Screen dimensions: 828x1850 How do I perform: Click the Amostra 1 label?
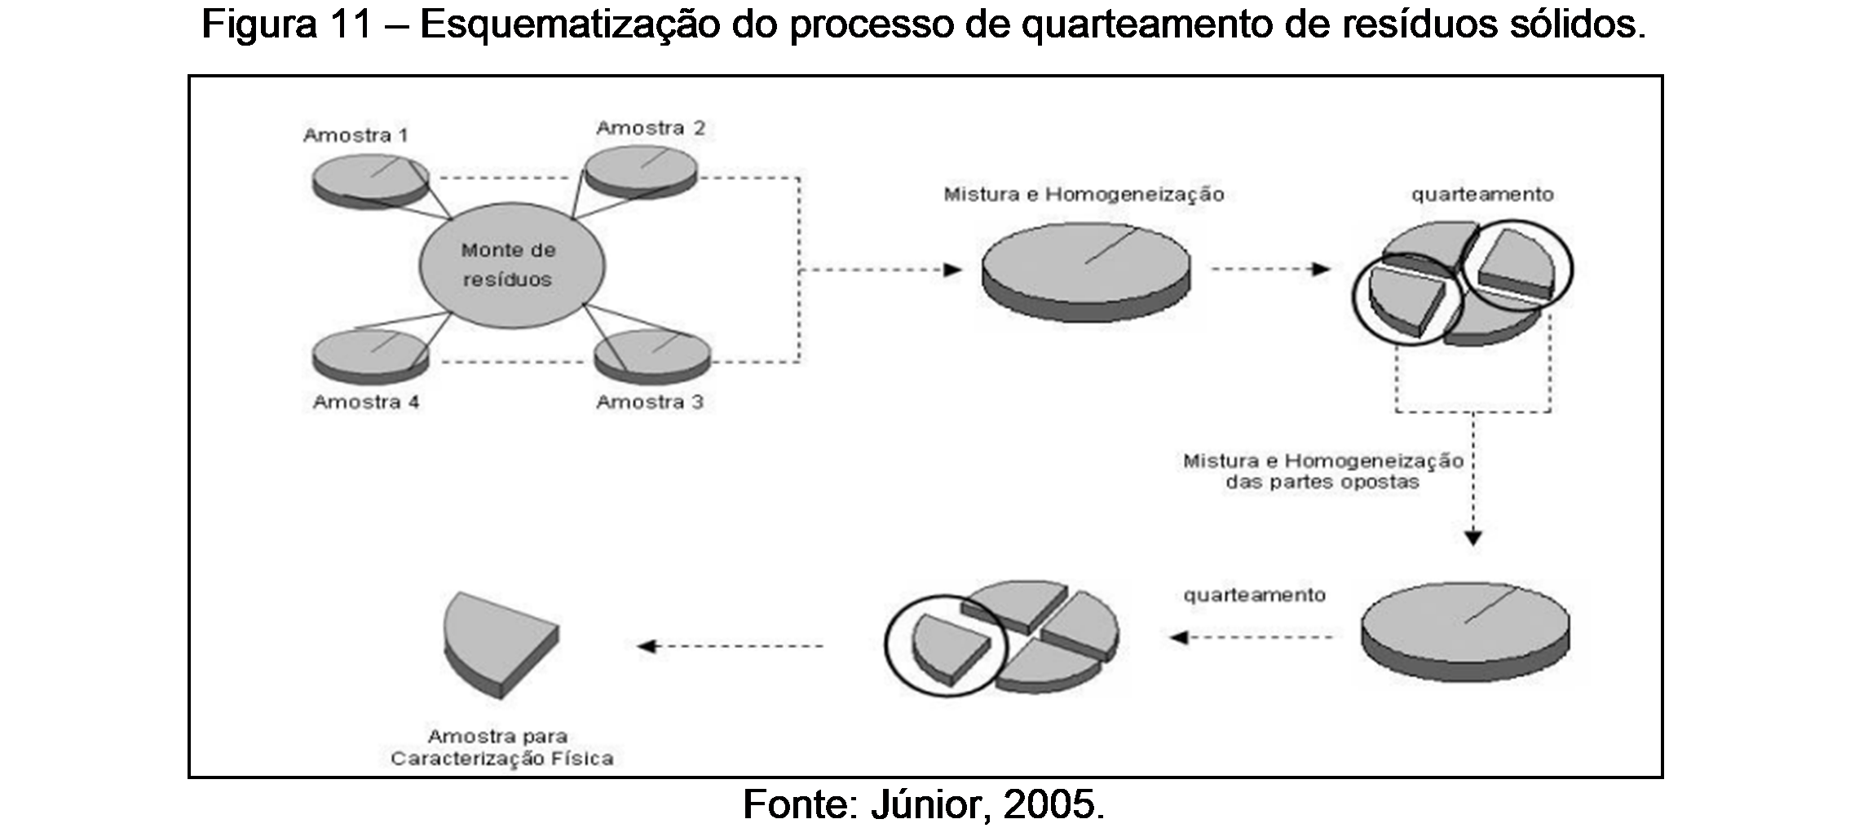point(355,135)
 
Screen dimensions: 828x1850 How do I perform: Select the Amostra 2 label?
point(650,128)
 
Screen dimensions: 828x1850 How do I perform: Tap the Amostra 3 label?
point(649,402)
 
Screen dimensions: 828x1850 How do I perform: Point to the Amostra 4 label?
point(366,402)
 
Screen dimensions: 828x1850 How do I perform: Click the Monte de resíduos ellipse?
point(512,265)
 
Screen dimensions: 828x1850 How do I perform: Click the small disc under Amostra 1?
point(370,181)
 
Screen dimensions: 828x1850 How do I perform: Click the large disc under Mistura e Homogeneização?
point(1085,269)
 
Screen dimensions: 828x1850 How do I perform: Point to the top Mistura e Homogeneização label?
point(1084,195)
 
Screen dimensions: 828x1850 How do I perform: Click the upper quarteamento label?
point(1482,195)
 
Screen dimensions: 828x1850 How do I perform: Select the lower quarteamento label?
point(1254,596)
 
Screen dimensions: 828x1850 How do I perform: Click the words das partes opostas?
point(1322,482)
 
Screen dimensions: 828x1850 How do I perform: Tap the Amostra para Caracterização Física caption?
point(501,747)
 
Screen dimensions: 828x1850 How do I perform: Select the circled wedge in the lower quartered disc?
point(949,645)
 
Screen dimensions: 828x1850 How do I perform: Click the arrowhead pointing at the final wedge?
point(647,646)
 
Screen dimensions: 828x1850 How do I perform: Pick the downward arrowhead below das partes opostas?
point(1472,538)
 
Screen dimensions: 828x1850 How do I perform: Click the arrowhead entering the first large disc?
point(952,270)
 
